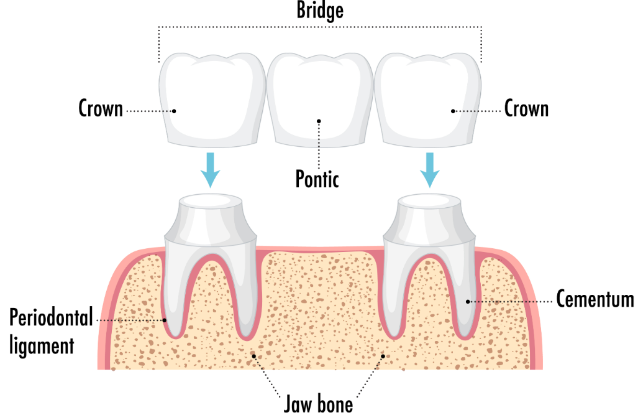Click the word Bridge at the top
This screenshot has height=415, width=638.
(x=320, y=11)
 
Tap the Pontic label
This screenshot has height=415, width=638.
(x=317, y=179)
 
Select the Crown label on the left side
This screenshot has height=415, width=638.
(x=101, y=108)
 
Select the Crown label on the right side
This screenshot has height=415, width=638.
(x=527, y=108)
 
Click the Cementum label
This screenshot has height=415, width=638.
(x=595, y=299)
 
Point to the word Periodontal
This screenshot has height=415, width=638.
(x=52, y=317)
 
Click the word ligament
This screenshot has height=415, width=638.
(x=42, y=346)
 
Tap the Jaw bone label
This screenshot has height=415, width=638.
(x=318, y=404)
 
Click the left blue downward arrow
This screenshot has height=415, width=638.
(x=211, y=170)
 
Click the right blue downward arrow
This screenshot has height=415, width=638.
(x=430, y=170)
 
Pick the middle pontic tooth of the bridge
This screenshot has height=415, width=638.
(x=320, y=100)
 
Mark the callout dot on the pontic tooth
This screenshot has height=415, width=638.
(x=319, y=121)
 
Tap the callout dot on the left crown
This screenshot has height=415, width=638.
(x=174, y=111)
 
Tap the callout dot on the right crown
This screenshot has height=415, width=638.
(x=453, y=111)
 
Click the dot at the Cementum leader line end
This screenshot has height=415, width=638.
(x=468, y=302)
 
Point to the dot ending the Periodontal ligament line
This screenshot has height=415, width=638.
(x=165, y=320)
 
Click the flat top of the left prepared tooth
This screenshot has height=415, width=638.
(x=211, y=200)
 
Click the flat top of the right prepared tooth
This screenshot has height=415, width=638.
(x=429, y=200)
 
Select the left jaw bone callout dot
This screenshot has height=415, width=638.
(x=253, y=356)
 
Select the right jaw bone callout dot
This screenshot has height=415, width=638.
(x=383, y=356)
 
